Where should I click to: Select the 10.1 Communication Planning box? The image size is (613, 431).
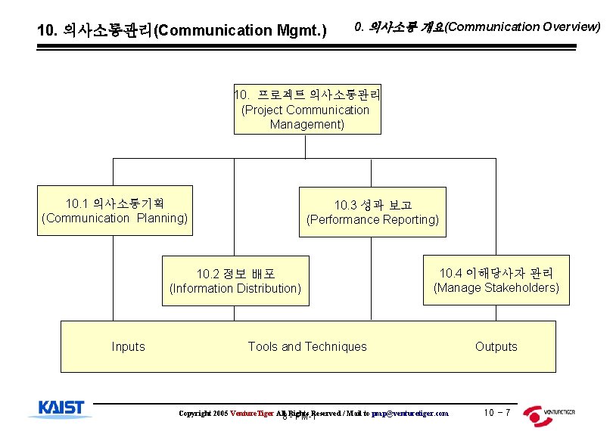click(114, 211)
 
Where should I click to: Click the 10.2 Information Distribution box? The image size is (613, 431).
click(235, 281)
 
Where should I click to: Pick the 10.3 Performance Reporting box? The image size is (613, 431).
click(372, 212)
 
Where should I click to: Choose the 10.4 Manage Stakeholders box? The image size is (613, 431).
click(496, 280)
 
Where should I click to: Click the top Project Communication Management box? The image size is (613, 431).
click(306, 110)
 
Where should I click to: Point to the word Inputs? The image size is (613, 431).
click(128, 347)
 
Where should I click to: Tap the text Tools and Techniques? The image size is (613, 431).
click(307, 347)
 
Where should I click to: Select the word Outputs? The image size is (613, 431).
click(496, 347)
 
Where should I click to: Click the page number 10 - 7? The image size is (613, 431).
click(496, 413)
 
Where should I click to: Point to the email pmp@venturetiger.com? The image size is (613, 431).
click(409, 414)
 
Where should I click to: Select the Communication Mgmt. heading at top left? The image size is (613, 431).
click(182, 31)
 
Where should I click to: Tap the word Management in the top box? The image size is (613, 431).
click(306, 124)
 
